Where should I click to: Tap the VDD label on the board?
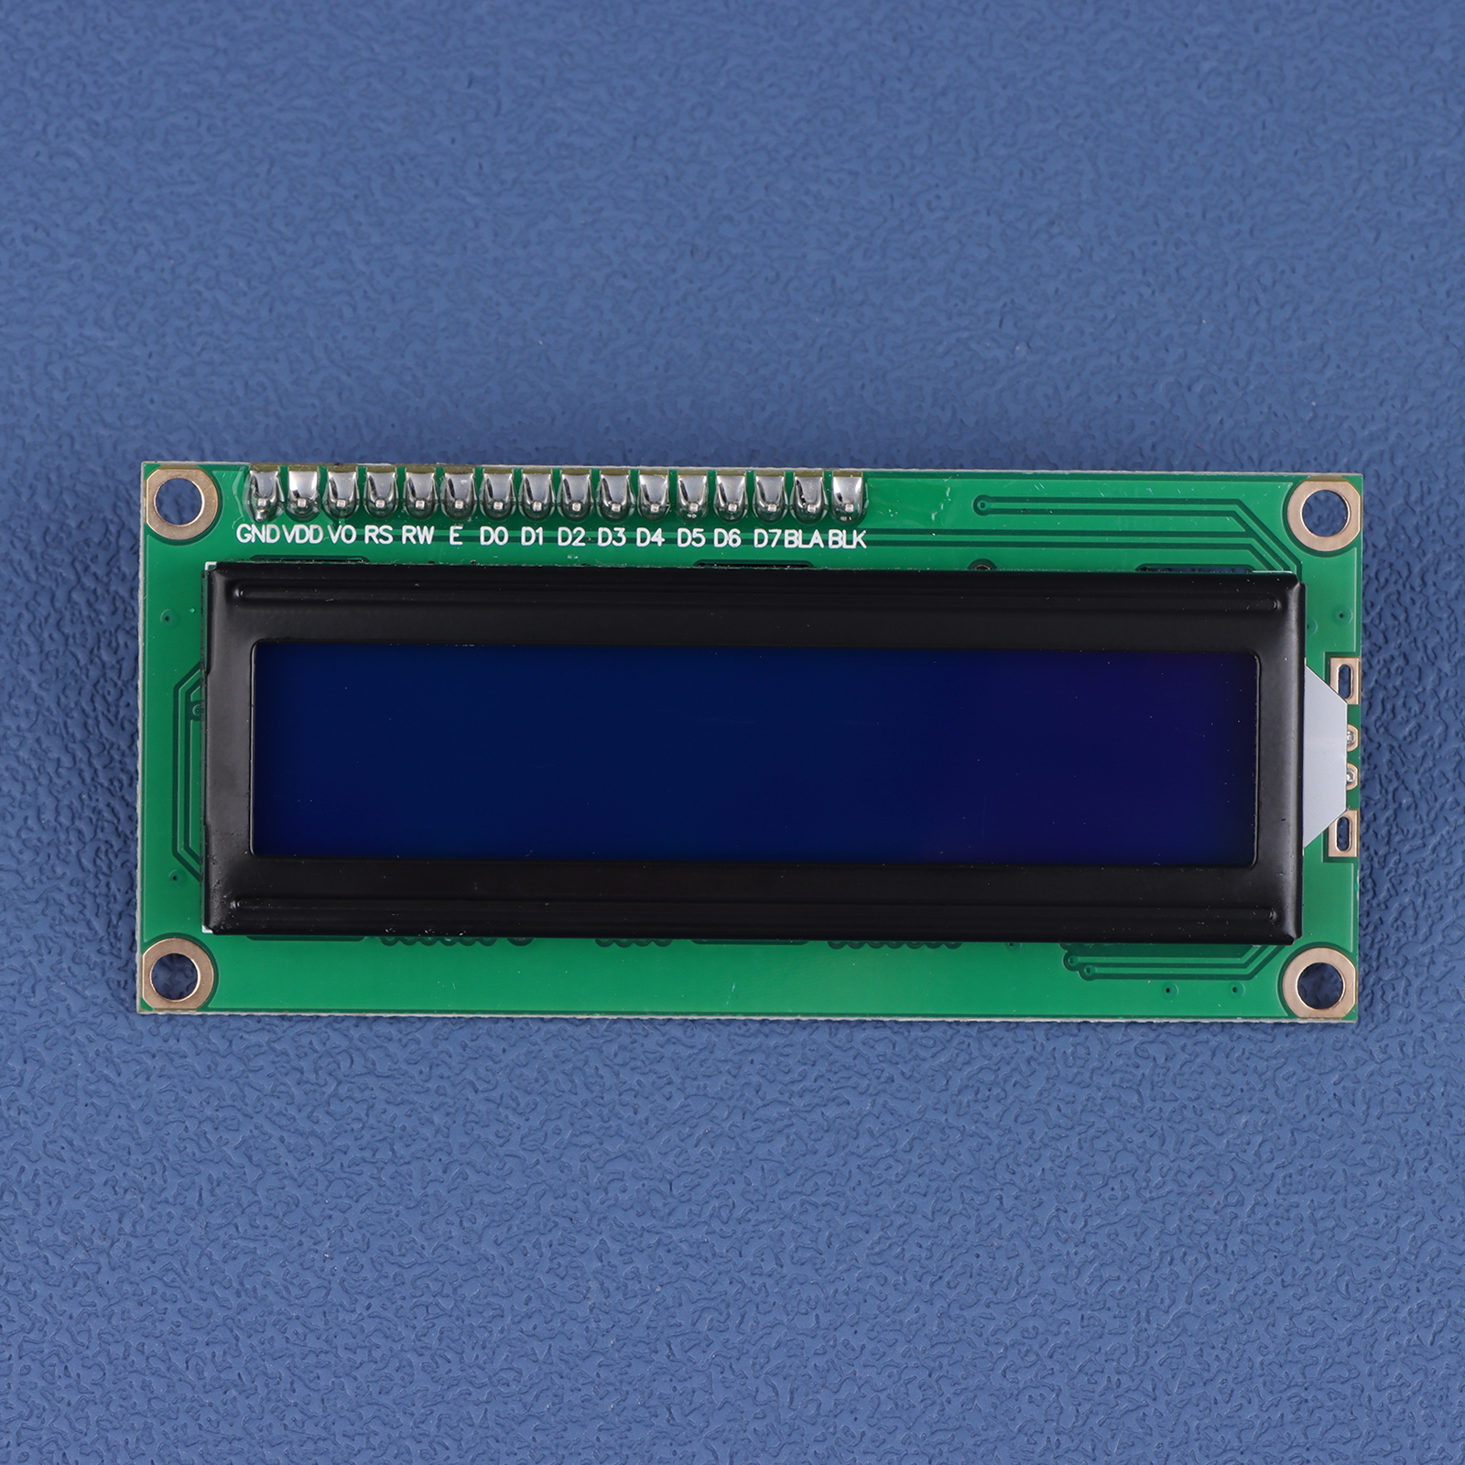[303, 534]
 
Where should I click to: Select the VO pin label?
[342, 534]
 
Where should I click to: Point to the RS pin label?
[378, 535]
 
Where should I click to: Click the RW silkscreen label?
[418, 535]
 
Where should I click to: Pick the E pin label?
[455, 536]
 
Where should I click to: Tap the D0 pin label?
[494, 536]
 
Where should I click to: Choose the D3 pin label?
[612, 537]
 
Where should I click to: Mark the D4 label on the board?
[650, 537]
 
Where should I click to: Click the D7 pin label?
[766, 537]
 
